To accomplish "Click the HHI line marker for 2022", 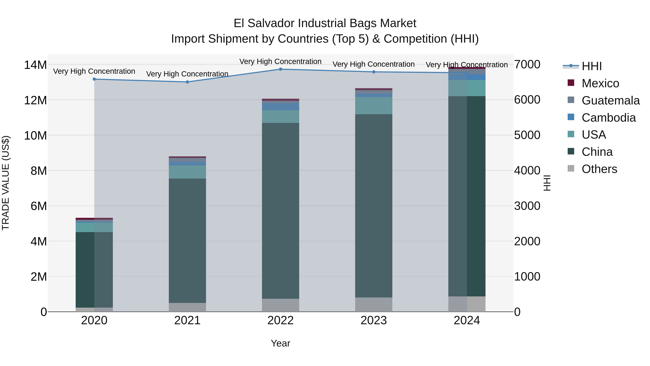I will point(280,69).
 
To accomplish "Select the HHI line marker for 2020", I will point(94,79).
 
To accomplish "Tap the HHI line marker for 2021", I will point(187,82).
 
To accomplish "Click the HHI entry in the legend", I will point(591,66).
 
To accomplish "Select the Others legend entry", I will point(599,169).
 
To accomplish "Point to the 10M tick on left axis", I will point(35,136).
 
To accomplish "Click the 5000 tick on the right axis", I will point(527,135).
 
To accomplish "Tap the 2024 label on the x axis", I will point(467,320).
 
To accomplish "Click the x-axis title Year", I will point(280,343).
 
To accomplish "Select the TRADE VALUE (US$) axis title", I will point(6,183).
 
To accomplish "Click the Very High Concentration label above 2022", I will point(280,61).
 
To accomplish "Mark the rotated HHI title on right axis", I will point(547,183).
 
